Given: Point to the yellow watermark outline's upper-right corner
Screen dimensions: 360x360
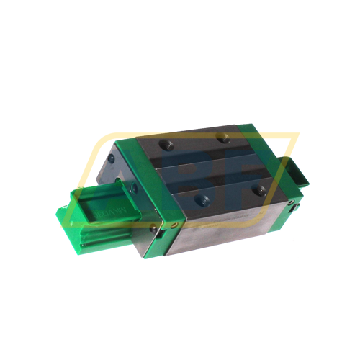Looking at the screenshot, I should [296, 135].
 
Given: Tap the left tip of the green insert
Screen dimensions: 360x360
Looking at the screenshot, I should [60, 214].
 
